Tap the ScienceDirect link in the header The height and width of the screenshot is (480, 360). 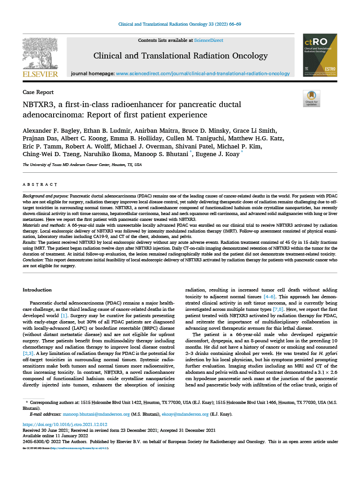click(208, 40)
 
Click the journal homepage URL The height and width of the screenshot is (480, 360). click(203, 73)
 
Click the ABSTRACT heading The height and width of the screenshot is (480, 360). click(40, 184)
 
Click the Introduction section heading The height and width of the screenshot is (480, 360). click(37, 290)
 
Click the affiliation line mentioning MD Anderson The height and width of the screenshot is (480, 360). click(82, 165)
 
